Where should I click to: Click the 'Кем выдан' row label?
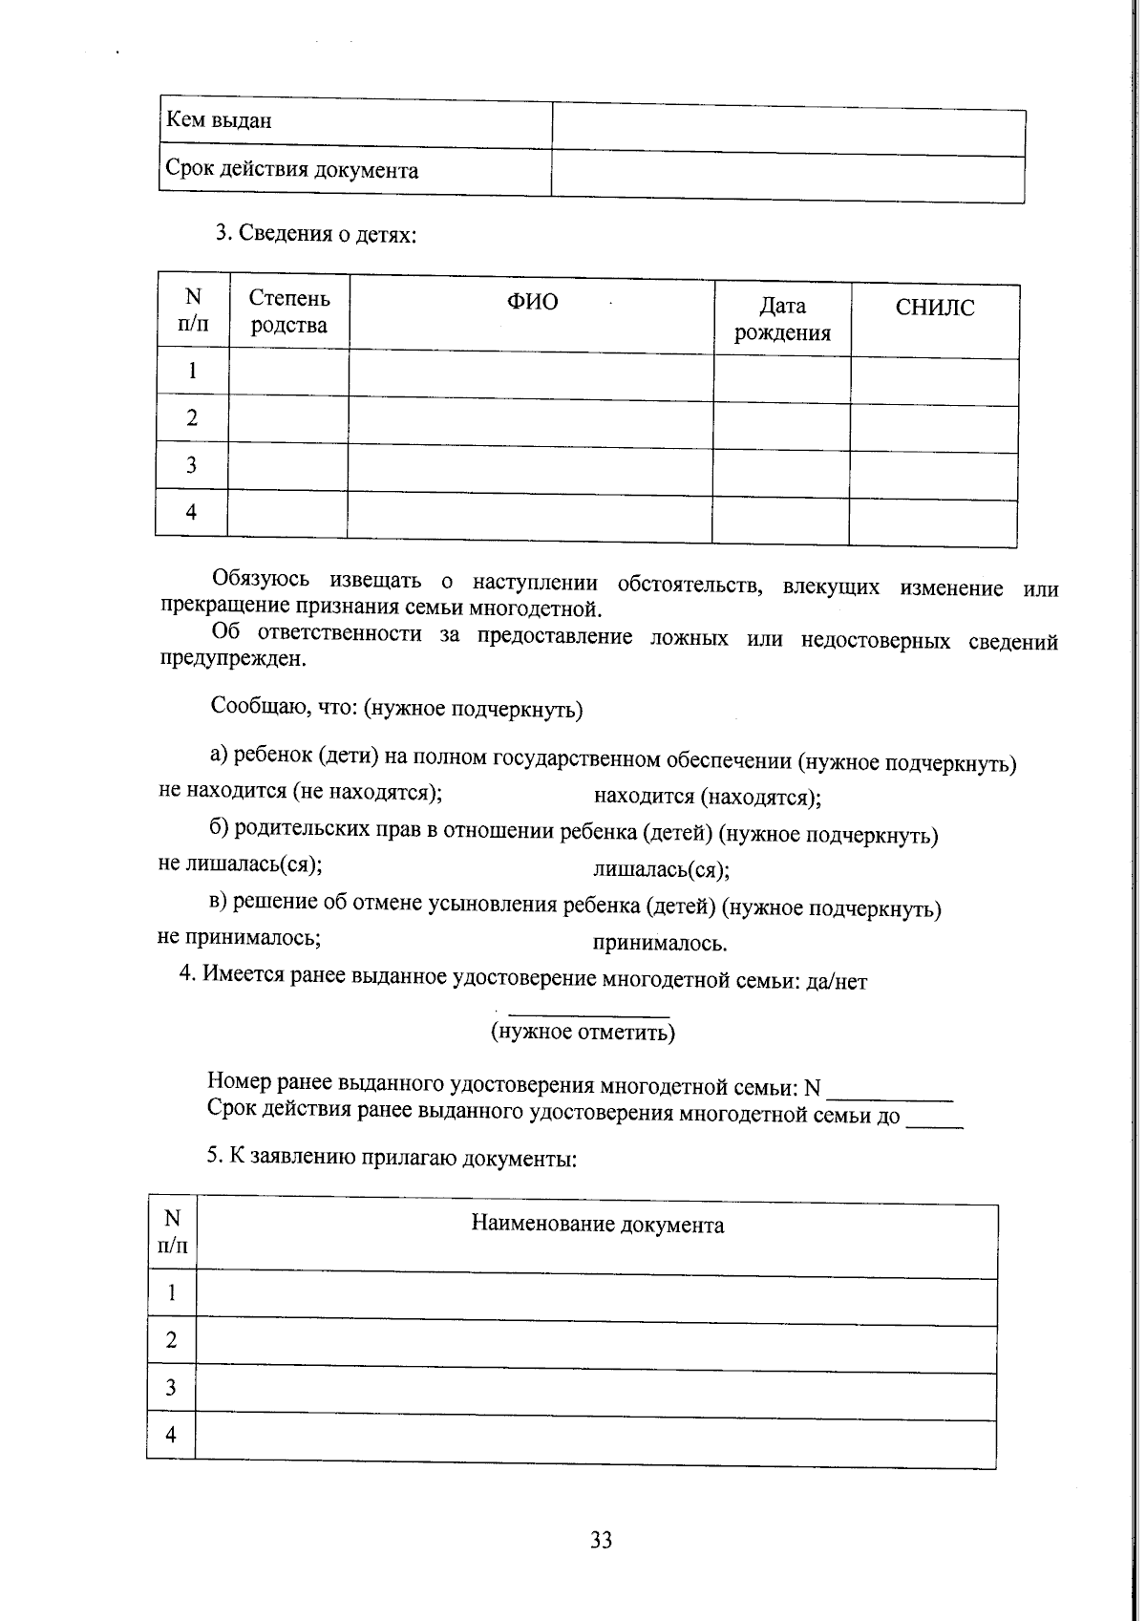[220, 121]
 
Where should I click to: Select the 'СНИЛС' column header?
[935, 309]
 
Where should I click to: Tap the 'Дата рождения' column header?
[782, 319]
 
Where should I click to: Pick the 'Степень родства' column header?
[288, 312]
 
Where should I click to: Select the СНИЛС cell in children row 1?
[934, 381]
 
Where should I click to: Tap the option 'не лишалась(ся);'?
[240, 864]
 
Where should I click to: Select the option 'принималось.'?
[660, 944]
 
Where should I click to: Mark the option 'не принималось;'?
[239, 937]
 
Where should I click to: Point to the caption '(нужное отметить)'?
[583, 1032]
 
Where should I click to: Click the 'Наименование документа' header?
[597, 1226]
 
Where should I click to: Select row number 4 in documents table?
[171, 1434]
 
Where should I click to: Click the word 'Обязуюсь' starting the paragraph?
[261, 579]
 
